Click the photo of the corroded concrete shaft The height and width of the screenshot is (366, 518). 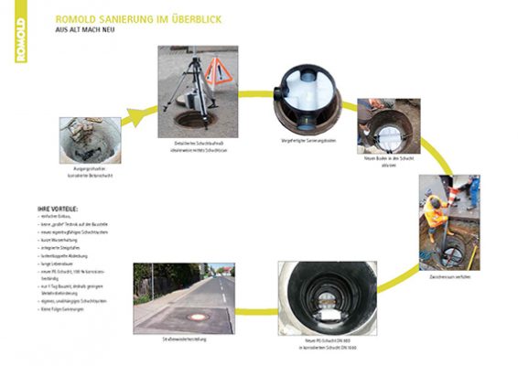click(90, 140)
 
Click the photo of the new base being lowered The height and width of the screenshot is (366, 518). click(387, 124)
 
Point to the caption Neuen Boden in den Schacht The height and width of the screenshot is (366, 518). click(387, 158)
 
